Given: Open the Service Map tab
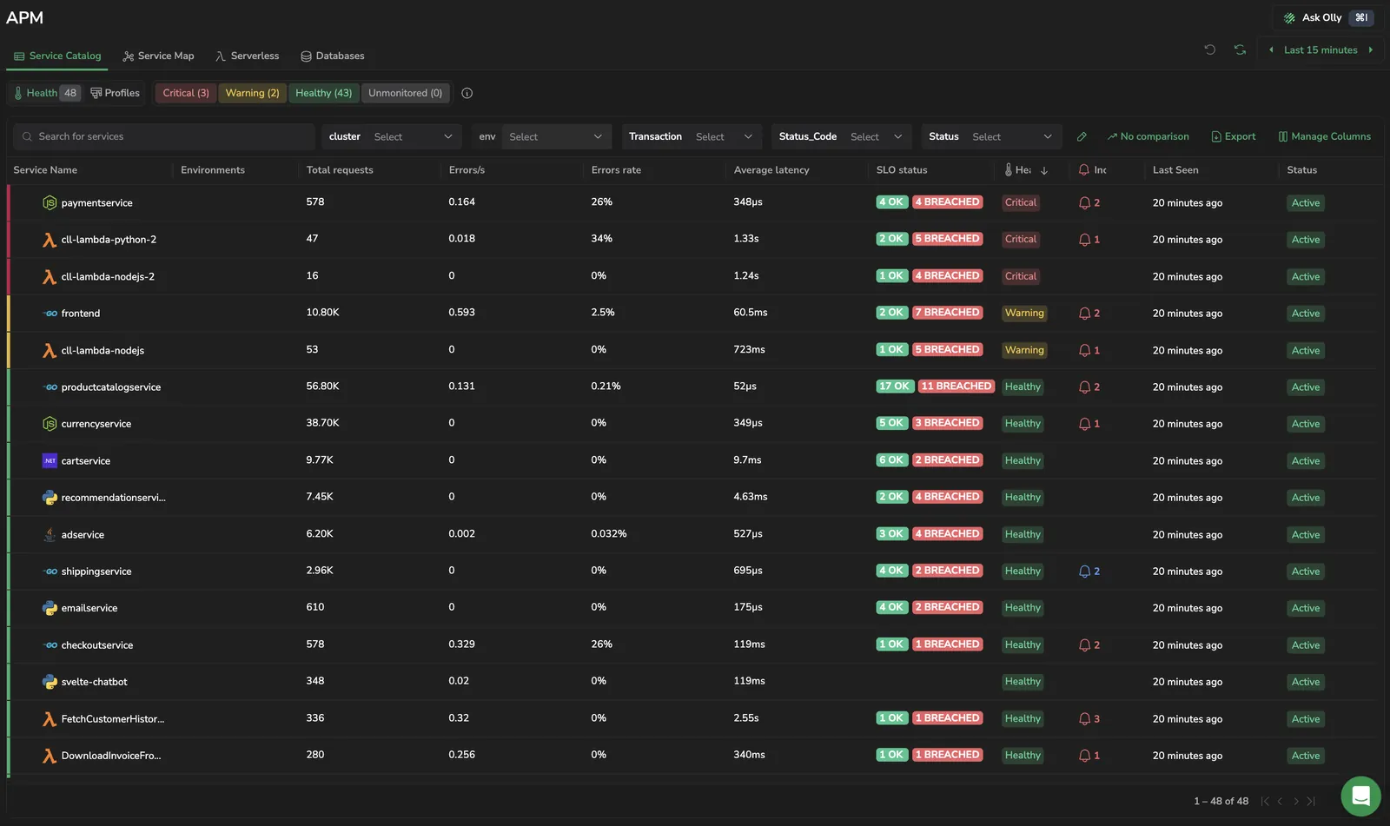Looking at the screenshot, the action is pyautogui.click(x=158, y=56).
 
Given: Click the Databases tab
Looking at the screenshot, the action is pyautogui.click(x=333, y=56).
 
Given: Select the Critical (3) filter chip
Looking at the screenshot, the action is pyautogui.click(x=186, y=93).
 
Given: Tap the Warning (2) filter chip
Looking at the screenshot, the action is pyautogui.click(x=252, y=93).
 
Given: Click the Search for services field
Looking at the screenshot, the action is pyautogui.click(x=164, y=136).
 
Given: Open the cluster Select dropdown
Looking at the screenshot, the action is pyautogui.click(x=413, y=136).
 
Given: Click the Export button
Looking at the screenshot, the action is pyautogui.click(x=1233, y=136).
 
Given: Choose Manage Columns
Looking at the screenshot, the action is pyautogui.click(x=1325, y=136).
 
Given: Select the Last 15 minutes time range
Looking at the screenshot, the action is pyautogui.click(x=1320, y=50).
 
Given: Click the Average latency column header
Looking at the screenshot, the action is pyautogui.click(x=771, y=170).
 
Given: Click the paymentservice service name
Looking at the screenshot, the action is pyautogui.click(x=96, y=203).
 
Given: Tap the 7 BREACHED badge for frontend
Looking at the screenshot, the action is pyautogui.click(x=947, y=312).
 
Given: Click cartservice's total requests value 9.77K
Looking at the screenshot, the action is pyautogui.click(x=320, y=459).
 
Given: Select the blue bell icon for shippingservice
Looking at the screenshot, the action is pyautogui.click(x=1084, y=571).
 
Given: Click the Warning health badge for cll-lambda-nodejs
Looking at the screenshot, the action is pyautogui.click(x=1024, y=350).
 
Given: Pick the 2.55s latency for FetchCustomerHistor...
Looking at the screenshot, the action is pyautogui.click(x=746, y=718).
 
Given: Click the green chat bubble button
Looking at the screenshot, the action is pyautogui.click(x=1360, y=796).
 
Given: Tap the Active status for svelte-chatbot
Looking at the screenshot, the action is pyautogui.click(x=1306, y=682).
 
